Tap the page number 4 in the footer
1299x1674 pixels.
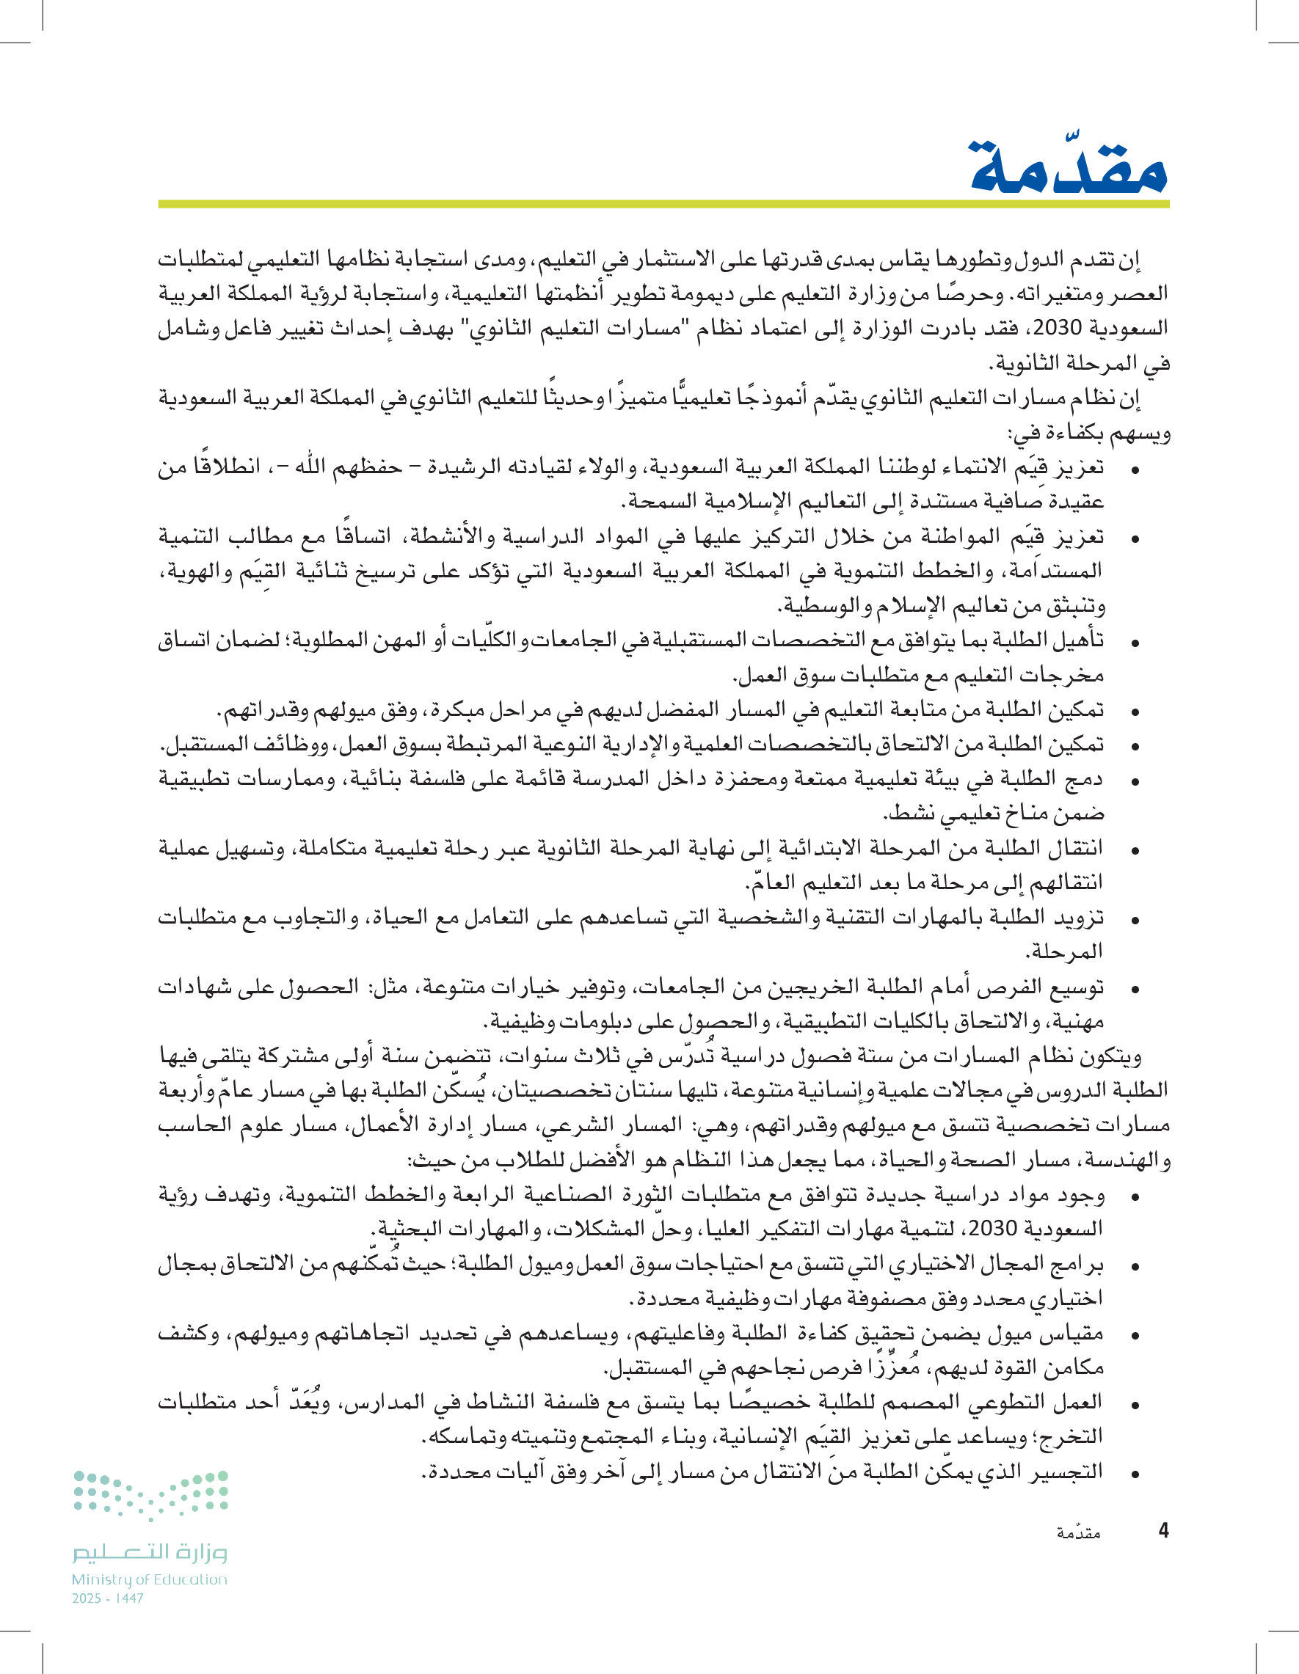(x=1163, y=1531)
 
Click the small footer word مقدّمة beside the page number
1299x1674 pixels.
(x=1078, y=1532)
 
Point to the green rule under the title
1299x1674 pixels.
(x=663, y=205)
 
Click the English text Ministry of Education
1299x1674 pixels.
(x=150, y=1579)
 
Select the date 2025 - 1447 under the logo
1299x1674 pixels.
(x=107, y=1598)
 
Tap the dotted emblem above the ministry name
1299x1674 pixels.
(x=151, y=1493)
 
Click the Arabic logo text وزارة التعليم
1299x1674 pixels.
(x=150, y=1551)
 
